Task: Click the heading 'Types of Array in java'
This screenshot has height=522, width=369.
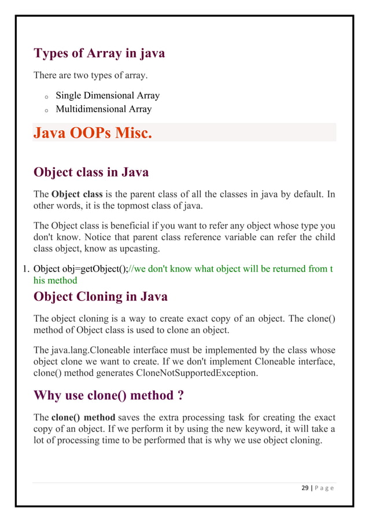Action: [99, 53]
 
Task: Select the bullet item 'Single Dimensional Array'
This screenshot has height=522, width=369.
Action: [107, 95]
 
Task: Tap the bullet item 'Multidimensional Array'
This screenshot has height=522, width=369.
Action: [103, 109]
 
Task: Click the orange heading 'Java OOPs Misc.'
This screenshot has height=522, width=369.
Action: [93, 133]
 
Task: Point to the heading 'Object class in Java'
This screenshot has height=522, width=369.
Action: [91, 172]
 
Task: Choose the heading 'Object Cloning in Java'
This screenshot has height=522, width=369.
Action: [101, 297]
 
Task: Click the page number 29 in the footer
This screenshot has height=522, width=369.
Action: [306, 488]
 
